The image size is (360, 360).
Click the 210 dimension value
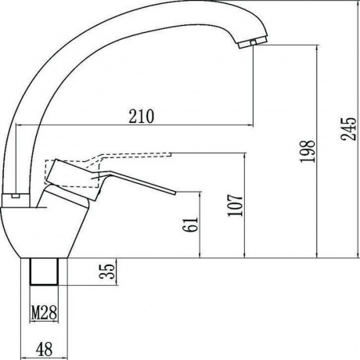pyautogui.click(x=142, y=116)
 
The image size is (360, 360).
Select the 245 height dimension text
pyautogui.click(x=348, y=129)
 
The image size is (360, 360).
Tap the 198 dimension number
pyautogui.click(x=308, y=152)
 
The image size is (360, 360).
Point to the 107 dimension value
pyautogui.click(x=235, y=205)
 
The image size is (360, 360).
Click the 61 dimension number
pyautogui.click(x=190, y=225)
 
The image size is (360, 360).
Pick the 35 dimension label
pyautogui.click(x=107, y=272)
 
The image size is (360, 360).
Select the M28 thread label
pyautogui.click(x=44, y=312)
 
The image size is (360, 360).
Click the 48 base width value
pyautogui.click(x=44, y=348)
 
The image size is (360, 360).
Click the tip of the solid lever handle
pyautogui.click(x=175, y=193)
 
